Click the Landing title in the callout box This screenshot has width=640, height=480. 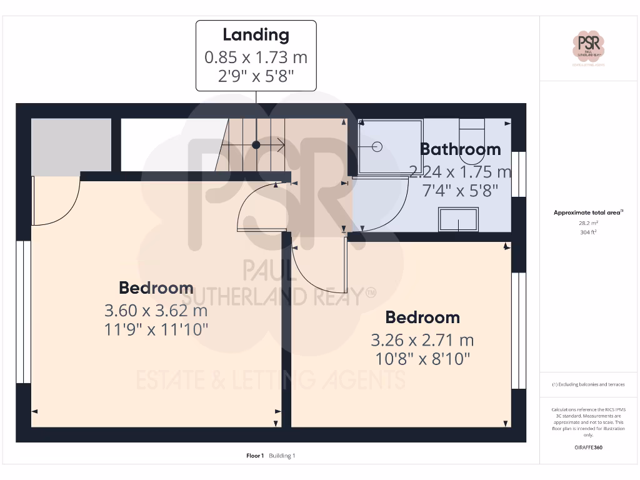(x=256, y=35)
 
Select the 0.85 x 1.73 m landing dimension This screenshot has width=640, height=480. (x=256, y=57)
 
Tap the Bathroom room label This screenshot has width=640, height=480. (x=460, y=149)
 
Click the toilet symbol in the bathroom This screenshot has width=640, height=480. (x=471, y=132)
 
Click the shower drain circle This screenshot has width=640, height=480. (x=377, y=147)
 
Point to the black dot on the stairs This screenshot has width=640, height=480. (x=256, y=145)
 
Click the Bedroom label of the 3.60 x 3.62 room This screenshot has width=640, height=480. (x=156, y=288)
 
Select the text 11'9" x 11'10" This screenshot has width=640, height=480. (x=156, y=329)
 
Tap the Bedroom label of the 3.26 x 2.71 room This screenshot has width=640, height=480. (x=422, y=317)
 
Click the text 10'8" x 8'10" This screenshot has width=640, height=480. (x=422, y=359)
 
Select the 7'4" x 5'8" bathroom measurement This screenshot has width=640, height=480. (x=460, y=191)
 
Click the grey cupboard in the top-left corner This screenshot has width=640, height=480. (x=71, y=144)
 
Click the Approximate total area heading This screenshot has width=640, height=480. (x=588, y=212)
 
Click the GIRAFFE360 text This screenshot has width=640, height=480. (x=588, y=447)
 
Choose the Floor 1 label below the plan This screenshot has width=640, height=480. (x=255, y=456)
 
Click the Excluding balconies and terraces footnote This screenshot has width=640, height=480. (x=588, y=384)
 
